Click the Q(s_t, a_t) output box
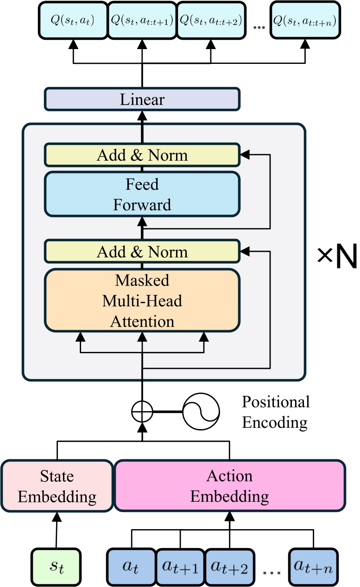tap(72, 20)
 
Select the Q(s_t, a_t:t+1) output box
tap(142, 20)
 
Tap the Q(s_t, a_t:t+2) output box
tap(211, 20)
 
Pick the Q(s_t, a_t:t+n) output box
tap(304, 20)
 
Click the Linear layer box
tap(142, 100)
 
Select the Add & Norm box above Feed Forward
tap(142, 155)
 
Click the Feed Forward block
tap(142, 194)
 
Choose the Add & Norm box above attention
tap(142, 252)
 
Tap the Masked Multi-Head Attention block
tap(142, 300)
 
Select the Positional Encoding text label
tap(275, 412)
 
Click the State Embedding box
tap(57, 486)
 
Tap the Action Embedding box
tap(230, 486)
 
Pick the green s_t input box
tap(56, 566)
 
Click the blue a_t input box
tap(131, 567)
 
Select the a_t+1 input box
tap(180, 567)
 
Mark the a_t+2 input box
tap(230, 567)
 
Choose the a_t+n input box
tap(314, 567)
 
